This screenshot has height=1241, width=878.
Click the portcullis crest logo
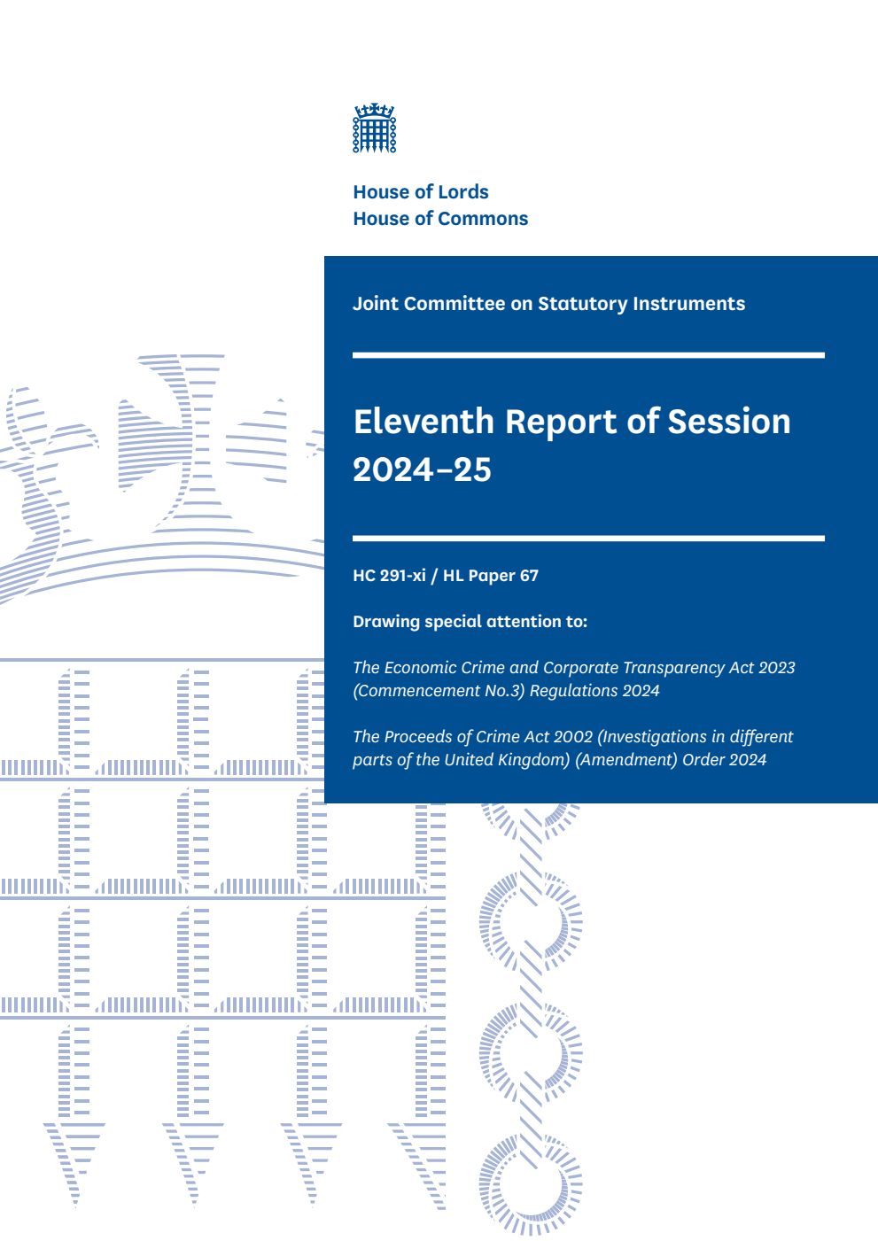click(x=375, y=128)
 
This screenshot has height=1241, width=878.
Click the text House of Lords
click(x=421, y=192)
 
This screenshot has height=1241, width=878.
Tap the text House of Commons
click(x=440, y=219)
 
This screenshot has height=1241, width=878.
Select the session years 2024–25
click(x=422, y=469)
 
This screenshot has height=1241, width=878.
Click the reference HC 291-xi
click(x=389, y=576)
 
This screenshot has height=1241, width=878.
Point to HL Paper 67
click(x=491, y=576)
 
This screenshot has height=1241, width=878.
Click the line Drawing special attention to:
click(x=470, y=622)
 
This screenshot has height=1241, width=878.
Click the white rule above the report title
click(x=588, y=355)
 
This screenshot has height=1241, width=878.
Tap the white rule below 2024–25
click(x=588, y=538)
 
